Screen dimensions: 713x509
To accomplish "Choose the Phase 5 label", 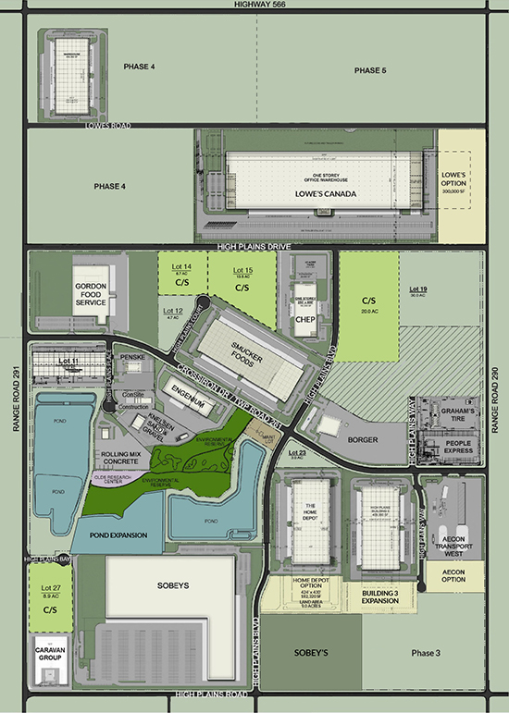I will pyautogui.click(x=370, y=71).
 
